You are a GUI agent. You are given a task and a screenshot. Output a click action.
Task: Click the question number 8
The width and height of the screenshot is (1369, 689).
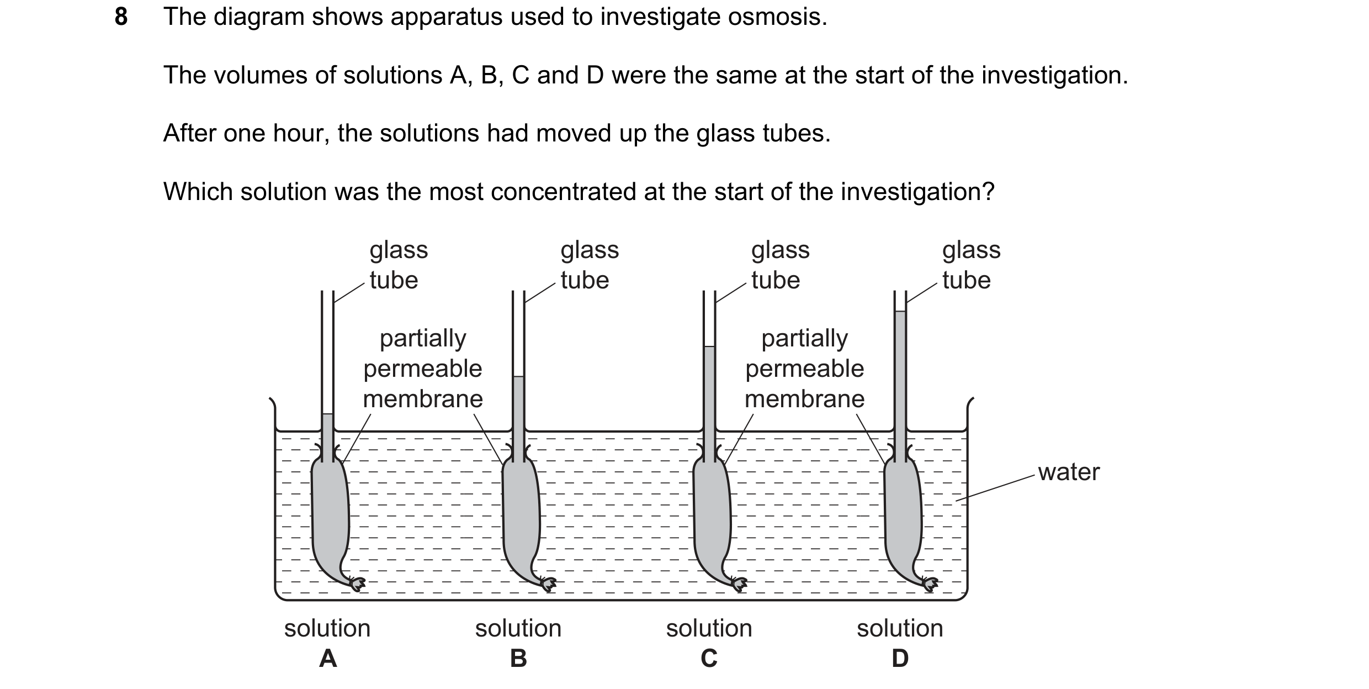point(121,17)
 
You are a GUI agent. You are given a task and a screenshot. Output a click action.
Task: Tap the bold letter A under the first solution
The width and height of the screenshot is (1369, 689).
point(328,658)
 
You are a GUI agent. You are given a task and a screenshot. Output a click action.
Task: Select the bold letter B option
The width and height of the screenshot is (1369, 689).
point(518,658)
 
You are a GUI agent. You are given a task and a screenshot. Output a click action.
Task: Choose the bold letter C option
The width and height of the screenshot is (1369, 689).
point(709,658)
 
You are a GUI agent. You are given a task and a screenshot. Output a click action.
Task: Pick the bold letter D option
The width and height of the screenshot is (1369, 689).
point(900,658)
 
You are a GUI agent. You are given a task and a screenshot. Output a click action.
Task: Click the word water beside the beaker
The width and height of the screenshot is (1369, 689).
point(1069,472)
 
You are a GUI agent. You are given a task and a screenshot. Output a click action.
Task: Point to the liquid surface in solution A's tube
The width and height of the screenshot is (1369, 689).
point(327,414)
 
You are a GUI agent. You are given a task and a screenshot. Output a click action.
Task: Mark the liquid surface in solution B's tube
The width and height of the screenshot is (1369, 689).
point(518,377)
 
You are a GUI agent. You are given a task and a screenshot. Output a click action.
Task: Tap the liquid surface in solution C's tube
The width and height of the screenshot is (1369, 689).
point(709,346)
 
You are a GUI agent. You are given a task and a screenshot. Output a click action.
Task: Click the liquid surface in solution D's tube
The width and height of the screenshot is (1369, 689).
point(900,312)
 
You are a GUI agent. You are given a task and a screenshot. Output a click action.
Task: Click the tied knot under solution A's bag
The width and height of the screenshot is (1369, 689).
point(358,583)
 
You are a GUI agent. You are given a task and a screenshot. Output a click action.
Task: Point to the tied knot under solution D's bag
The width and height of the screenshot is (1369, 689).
point(930,583)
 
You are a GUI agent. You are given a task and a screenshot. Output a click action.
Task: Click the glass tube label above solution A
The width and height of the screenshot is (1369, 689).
point(399,265)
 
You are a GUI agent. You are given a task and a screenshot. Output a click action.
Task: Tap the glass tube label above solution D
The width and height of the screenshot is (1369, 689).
point(971,265)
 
